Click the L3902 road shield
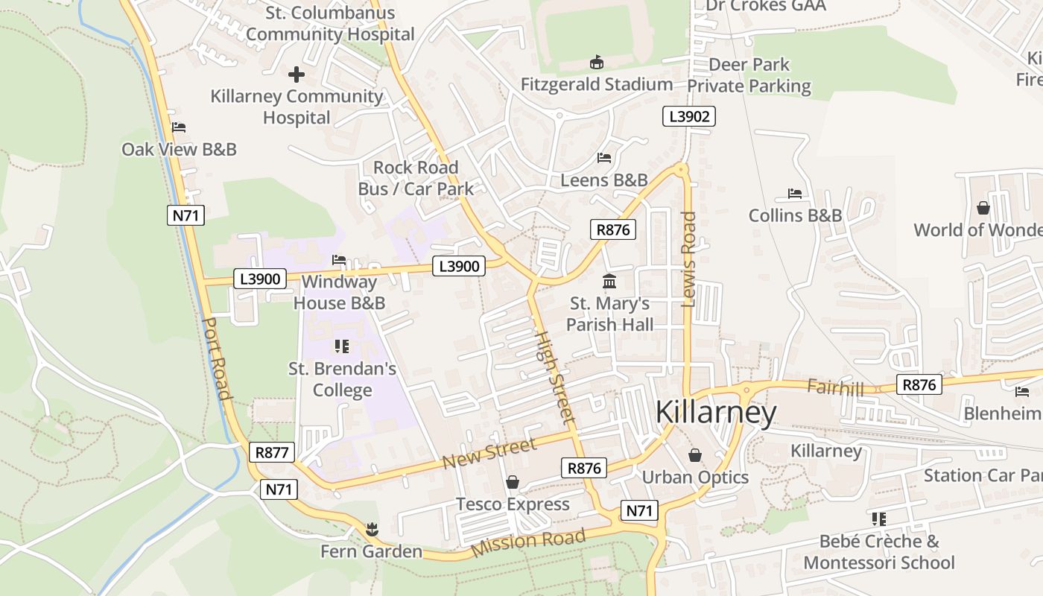pyautogui.click(x=689, y=116)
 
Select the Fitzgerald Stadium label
pyautogui.click(x=597, y=84)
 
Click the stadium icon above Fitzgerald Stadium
pyautogui.click(x=596, y=62)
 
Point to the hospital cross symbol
pyautogui.click(x=297, y=74)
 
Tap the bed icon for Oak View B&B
pyautogui.click(x=179, y=127)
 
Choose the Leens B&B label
pyautogui.click(x=604, y=180)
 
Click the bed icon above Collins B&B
pyautogui.click(x=795, y=194)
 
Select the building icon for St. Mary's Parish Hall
pyautogui.click(x=609, y=282)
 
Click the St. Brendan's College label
pyautogui.click(x=342, y=379)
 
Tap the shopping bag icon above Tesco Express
pyautogui.click(x=513, y=482)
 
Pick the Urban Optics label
pyautogui.click(x=695, y=477)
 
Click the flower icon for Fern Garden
pyautogui.click(x=371, y=530)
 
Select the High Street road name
pyautogui.click(x=555, y=378)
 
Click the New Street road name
pyautogui.click(x=489, y=454)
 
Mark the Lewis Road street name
pyautogui.click(x=688, y=259)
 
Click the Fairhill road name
pyautogui.click(x=836, y=387)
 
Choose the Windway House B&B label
pyautogui.click(x=339, y=293)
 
